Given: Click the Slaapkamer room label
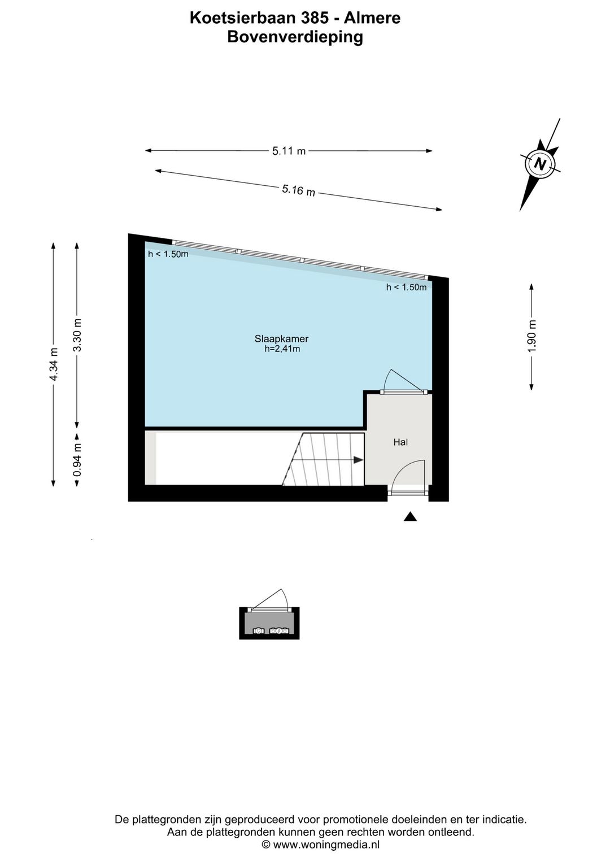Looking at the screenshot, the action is [x=281, y=339].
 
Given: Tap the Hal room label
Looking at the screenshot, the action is [x=400, y=442].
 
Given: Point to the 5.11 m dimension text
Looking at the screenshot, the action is [x=289, y=151].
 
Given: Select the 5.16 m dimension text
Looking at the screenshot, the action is [x=299, y=190].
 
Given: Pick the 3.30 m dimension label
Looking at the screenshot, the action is [x=77, y=335].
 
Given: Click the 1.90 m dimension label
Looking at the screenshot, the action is [x=531, y=336].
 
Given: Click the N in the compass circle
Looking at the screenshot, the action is [x=540, y=164].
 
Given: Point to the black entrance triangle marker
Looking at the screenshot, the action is [x=410, y=516].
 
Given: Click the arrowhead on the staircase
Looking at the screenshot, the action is [x=358, y=459].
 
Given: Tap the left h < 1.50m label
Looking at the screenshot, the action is [x=168, y=254].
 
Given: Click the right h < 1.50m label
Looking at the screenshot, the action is [x=407, y=287].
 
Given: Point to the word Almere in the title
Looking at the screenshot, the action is [x=372, y=18].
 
